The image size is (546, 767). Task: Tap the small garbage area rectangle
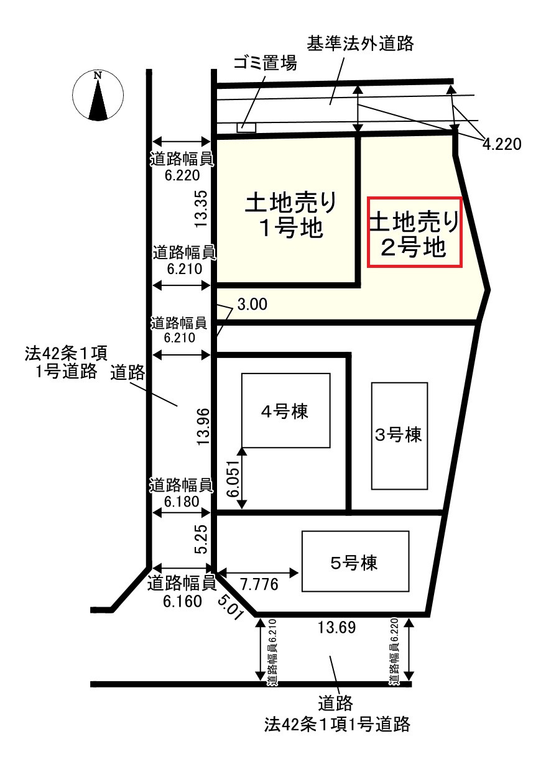coord(246,127)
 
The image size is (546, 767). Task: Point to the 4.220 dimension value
coord(501,144)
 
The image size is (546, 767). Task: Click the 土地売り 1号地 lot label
coord(291,215)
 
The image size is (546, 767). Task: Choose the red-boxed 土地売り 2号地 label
coord(415,232)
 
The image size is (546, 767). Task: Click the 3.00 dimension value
coord(252,305)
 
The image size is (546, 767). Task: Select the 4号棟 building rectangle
coord(285,410)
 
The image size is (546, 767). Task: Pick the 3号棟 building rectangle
coord(399,436)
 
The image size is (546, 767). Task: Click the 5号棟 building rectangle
coord(355,561)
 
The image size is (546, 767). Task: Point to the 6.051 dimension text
coord(232,478)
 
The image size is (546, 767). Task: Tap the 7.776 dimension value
coord(258,585)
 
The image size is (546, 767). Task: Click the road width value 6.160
coord(183,602)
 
